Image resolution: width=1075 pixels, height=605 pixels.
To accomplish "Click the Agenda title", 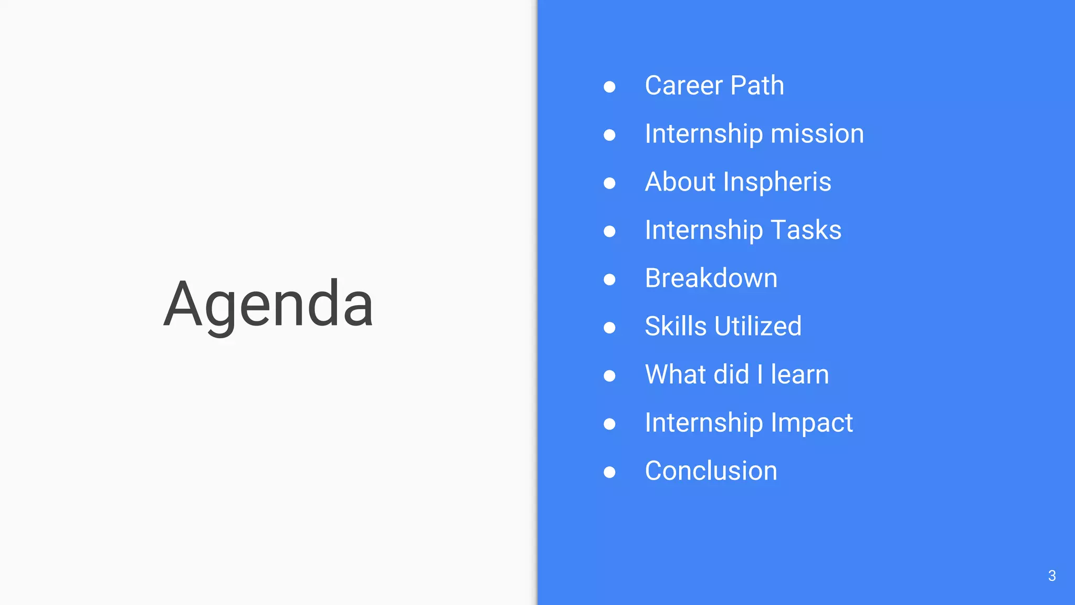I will [x=268, y=305].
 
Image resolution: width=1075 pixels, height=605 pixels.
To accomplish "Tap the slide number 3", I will [x=1051, y=576].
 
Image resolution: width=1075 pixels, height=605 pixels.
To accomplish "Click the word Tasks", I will [x=806, y=230].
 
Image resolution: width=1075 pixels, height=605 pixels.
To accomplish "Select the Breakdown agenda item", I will [x=711, y=278].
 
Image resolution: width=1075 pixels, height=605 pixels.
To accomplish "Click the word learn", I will [x=799, y=375].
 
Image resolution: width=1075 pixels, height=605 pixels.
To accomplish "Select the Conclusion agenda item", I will [x=711, y=471].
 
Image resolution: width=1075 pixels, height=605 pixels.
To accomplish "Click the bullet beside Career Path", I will [x=609, y=87].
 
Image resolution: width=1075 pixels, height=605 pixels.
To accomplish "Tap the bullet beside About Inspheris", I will [x=609, y=183].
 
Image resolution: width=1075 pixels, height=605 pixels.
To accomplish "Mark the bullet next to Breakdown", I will [x=609, y=279].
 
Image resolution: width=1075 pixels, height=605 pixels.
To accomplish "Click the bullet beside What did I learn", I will [x=609, y=376].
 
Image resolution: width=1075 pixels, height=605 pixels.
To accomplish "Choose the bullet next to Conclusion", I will [x=609, y=472].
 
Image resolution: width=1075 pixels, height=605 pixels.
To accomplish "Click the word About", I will [x=680, y=182].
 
